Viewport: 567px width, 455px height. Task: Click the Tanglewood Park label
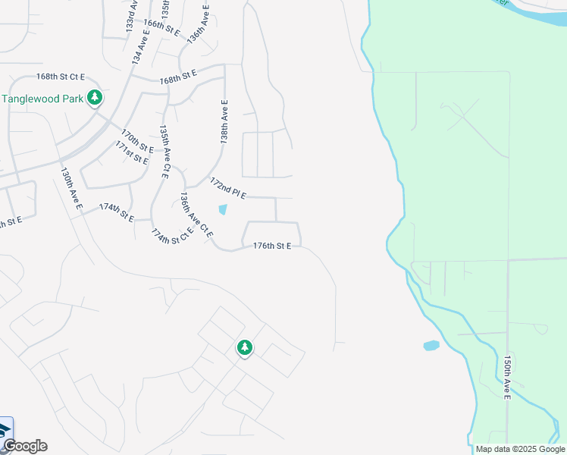[42, 99]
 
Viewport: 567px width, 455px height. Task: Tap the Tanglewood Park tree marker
[95, 98]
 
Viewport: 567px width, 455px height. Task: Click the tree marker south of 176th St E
[244, 348]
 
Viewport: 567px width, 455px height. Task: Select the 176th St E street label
[272, 246]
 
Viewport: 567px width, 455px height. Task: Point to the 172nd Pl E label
[228, 190]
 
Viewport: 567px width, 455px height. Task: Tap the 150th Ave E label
[507, 376]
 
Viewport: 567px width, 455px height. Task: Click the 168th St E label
[178, 77]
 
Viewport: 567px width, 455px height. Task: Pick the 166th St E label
[161, 28]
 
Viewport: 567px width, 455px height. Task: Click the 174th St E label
[116, 212]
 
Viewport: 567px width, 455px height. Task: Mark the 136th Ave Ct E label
[196, 214]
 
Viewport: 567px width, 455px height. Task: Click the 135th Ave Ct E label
[164, 152]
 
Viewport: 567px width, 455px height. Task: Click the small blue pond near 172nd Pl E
[222, 210]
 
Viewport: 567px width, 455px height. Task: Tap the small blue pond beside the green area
[431, 346]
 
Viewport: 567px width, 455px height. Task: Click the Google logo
[25, 446]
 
